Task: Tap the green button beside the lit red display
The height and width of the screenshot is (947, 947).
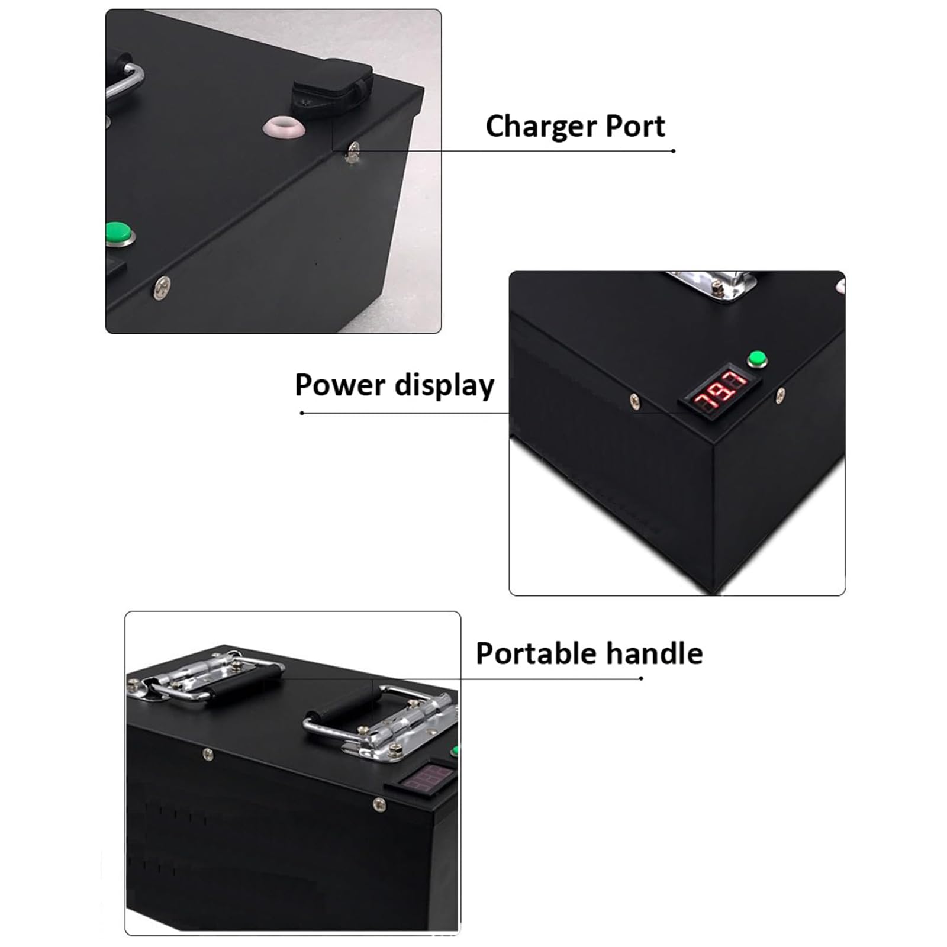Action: (x=756, y=359)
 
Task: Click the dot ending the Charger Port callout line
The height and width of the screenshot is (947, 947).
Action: (x=674, y=151)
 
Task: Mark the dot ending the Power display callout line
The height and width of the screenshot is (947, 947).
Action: (x=302, y=413)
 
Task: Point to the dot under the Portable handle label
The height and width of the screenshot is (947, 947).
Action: (x=642, y=678)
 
